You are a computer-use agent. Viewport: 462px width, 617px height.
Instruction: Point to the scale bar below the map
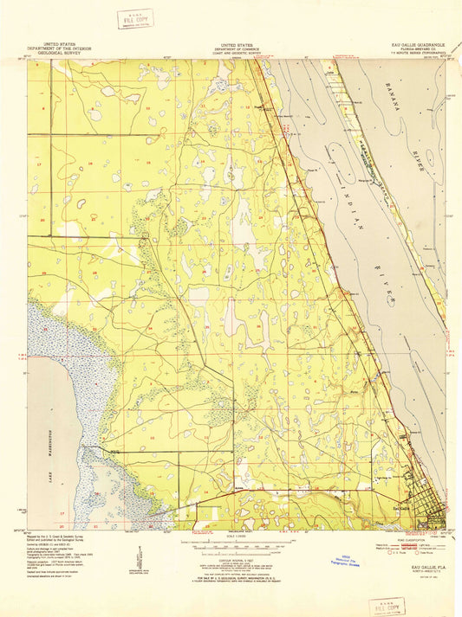point(231,546)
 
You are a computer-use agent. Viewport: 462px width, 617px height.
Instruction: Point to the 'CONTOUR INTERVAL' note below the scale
point(231,559)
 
